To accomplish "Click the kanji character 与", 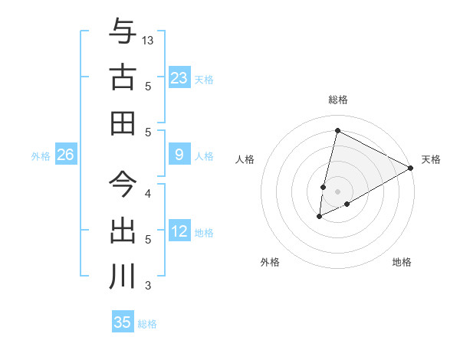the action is pyautogui.click(x=123, y=32).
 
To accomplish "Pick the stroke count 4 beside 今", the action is pyautogui.click(x=148, y=193).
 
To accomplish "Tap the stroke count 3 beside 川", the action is pyautogui.click(x=148, y=286).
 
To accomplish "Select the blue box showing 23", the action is pyautogui.click(x=179, y=78).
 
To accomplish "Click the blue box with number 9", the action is pyautogui.click(x=179, y=155).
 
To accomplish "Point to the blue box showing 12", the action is pyautogui.click(x=179, y=232).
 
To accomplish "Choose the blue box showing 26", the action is pyautogui.click(x=66, y=155).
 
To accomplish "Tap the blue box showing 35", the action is pyautogui.click(x=123, y=322).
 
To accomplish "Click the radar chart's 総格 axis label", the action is pyautogui.click(x=338, y=100).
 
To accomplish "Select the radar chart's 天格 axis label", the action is pyautogui.click(x=431, y=159).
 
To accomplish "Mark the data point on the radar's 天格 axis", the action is pyautogui.click(x=411, y=168).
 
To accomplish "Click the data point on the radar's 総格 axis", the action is pyautogui.click(x=337, y=130).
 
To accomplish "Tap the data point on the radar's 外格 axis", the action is pyautogui.click(x=319, y=218).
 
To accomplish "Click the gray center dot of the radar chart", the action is pyautogui.click(x=337, y=191).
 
